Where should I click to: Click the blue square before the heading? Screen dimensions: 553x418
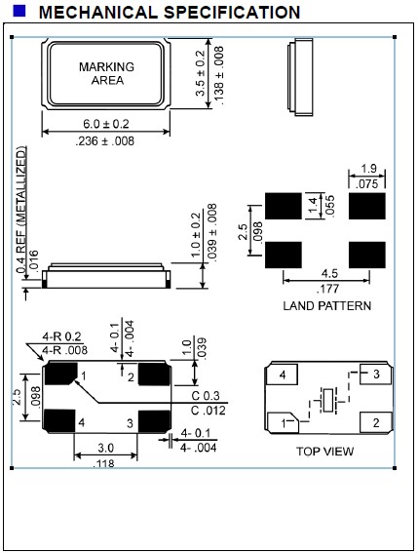19,12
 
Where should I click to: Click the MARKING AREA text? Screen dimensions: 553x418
107,73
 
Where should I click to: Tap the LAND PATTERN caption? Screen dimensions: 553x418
326,305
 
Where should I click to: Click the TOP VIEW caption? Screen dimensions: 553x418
325,452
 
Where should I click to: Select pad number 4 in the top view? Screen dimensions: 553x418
282,375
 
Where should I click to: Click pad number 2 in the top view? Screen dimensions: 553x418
374,422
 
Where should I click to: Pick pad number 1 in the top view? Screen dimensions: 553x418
284,422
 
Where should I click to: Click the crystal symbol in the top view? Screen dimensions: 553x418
325,400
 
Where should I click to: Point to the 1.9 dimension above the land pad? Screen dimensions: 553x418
368,169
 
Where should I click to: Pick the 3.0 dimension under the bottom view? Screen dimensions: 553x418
107,448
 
